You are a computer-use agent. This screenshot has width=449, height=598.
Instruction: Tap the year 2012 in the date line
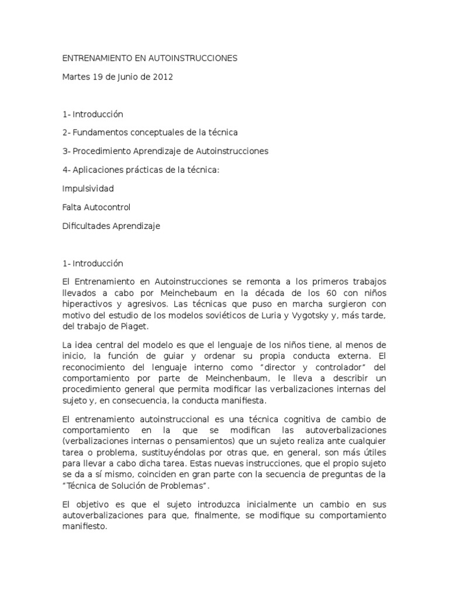click(x=163, y=77)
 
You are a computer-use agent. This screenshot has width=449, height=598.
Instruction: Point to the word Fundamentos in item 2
click(x=99, y=133)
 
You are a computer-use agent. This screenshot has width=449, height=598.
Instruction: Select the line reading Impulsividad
click(x=88, y=189)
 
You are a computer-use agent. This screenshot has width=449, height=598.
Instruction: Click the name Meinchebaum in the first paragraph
click(x=179, y=292)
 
